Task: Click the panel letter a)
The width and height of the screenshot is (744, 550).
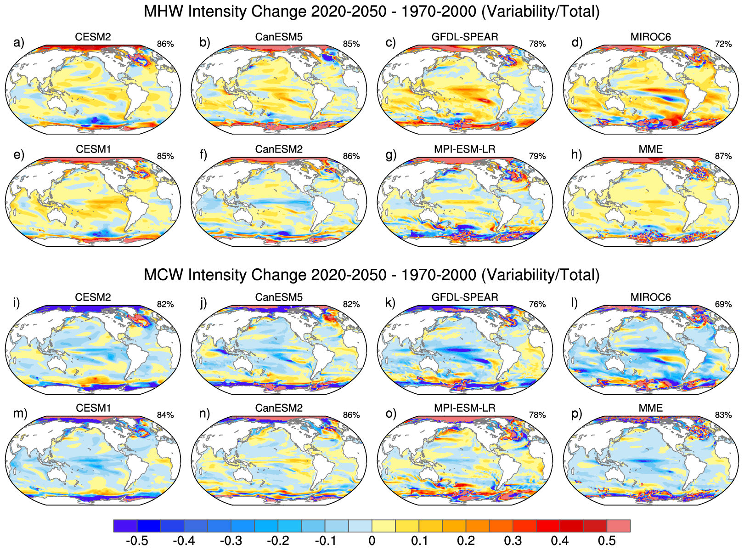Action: point(18,43)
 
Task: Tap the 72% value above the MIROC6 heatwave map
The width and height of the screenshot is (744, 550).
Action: point(723,44)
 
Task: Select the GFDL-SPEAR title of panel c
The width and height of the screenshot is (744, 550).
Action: point(465,37)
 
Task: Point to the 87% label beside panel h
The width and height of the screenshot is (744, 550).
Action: point(723,156)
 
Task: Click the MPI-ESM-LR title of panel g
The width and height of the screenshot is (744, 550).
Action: point(465,149)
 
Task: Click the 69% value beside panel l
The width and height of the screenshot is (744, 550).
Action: point(723,304)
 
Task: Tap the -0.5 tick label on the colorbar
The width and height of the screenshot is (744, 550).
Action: point(136,540)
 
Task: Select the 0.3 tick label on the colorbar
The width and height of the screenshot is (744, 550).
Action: point(513,540)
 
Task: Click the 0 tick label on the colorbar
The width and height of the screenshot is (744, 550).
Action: point(372,540)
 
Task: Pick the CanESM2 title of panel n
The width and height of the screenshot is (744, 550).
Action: point(279,408)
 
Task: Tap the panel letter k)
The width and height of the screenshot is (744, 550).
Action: point(390,303)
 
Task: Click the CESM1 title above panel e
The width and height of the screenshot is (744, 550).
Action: point(93,149)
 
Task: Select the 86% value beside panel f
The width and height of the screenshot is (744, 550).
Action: point(351,156)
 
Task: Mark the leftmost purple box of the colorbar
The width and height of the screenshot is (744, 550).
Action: point(125,526)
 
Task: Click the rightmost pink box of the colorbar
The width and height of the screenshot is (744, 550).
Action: point(619,526)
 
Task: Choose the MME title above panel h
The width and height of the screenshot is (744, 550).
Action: point(651,149)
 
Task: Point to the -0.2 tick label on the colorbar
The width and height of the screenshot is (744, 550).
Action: point(277,540)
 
